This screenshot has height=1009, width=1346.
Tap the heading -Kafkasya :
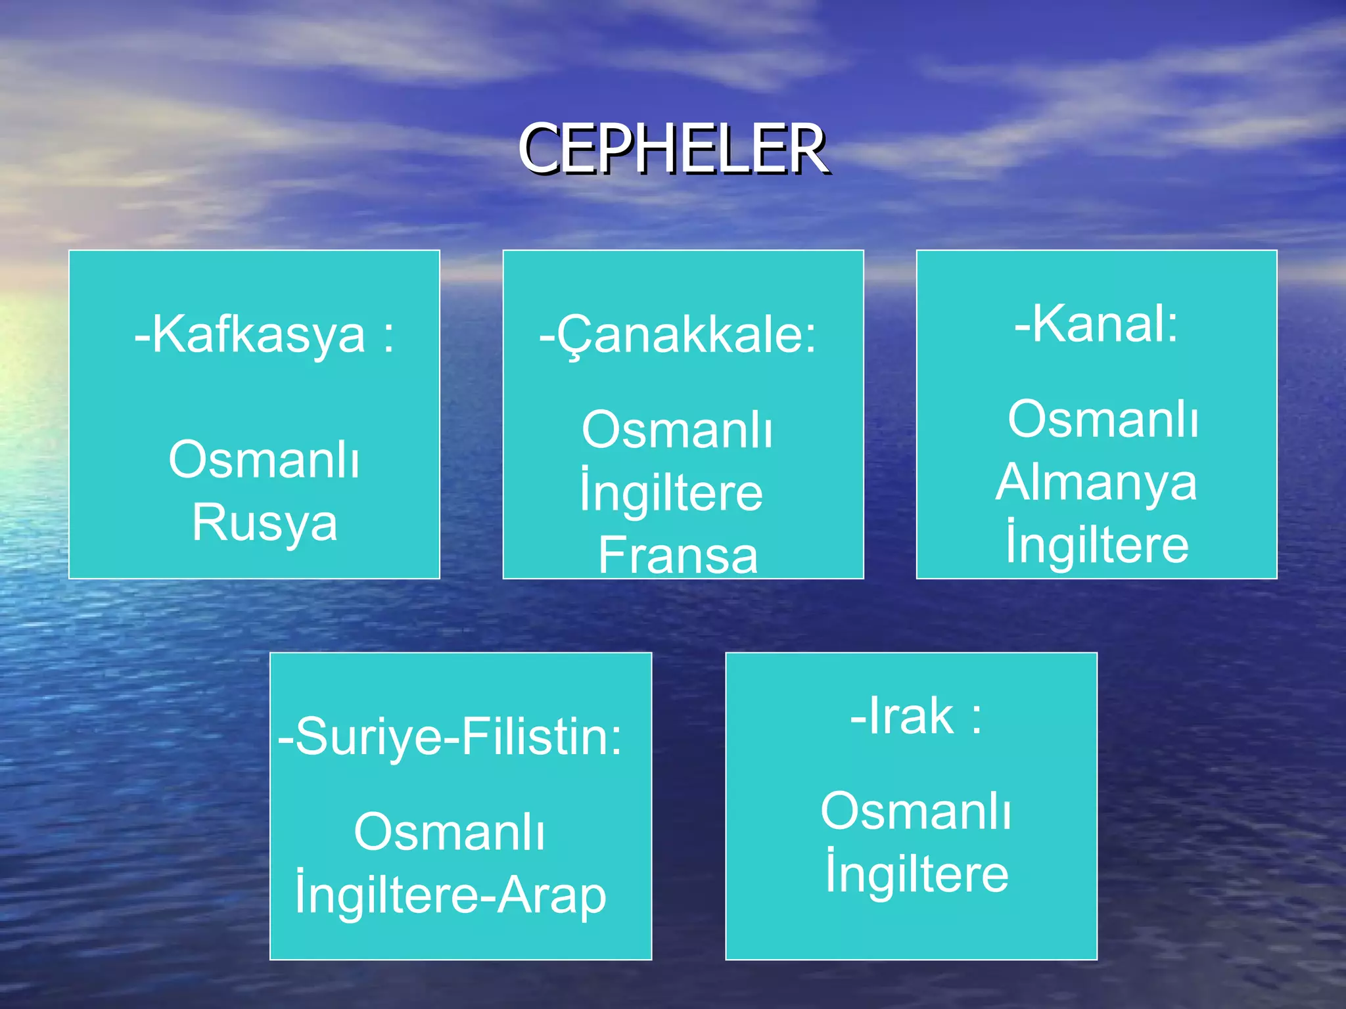264,335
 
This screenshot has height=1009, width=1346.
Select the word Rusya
264,523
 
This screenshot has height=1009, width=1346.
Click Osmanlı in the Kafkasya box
264,460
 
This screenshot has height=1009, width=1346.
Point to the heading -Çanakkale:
678,335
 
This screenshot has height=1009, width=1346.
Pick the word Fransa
678,555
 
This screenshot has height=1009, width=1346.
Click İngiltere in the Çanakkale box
671,493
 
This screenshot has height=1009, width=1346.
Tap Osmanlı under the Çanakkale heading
677,431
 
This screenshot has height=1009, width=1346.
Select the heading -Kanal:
1096,324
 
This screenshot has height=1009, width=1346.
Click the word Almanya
1096,483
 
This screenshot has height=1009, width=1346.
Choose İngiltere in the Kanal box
1097,545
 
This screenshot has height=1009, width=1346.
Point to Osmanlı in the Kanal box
1103,420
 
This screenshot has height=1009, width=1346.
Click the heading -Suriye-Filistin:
450,737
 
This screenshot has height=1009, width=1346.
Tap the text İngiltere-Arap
450,894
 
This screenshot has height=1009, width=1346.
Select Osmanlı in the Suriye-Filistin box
450,832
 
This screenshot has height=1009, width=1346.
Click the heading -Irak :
916,716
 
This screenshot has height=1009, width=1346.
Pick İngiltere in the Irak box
917,873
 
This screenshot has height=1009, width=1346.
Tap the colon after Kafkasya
389,337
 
